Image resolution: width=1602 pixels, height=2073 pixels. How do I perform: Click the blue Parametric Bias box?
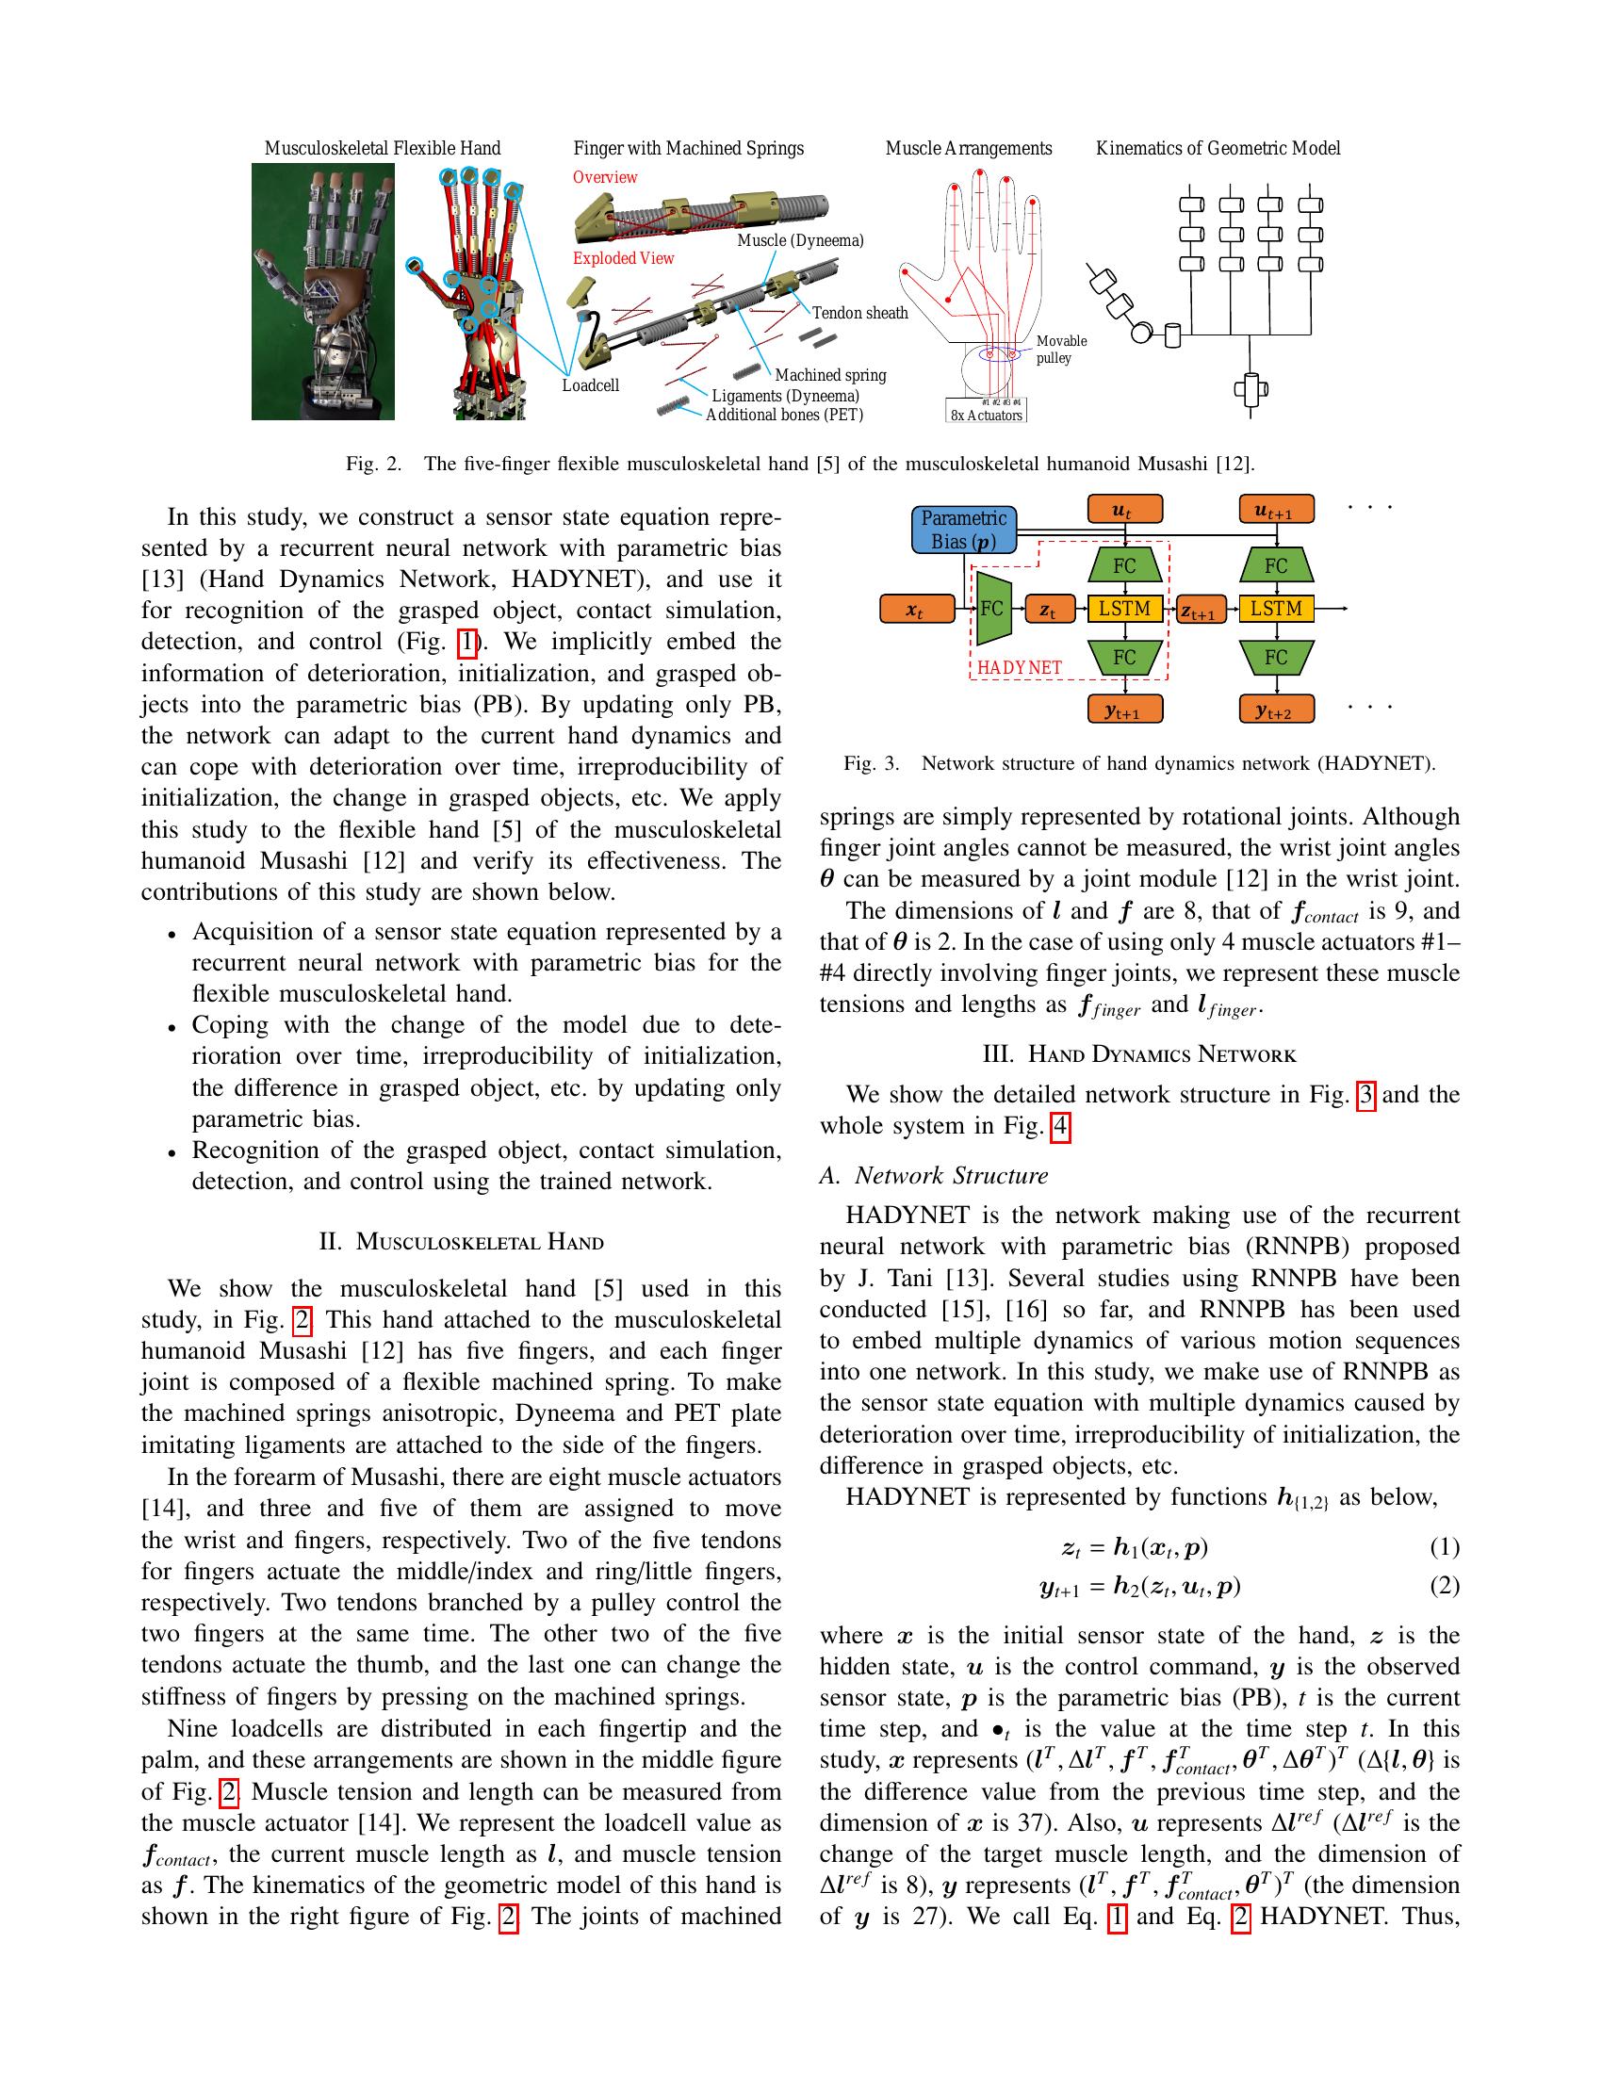tap(963, 530)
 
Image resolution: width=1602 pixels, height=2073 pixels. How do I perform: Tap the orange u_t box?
tap(1124, 511)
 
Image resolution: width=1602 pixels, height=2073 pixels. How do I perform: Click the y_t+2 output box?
tap(1277, 709)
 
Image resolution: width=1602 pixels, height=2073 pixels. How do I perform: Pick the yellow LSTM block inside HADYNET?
tap(1124, 609)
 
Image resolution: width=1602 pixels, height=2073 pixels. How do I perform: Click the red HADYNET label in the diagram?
tap(1020, 667)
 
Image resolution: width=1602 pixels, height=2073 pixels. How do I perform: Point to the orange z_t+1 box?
tap(1201, 612)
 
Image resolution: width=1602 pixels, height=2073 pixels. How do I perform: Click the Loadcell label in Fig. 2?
tap(590, 385)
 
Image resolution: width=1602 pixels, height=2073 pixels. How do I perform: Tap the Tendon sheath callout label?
tap(859, 313)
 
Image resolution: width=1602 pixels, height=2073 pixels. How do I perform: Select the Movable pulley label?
tap(1061, 350)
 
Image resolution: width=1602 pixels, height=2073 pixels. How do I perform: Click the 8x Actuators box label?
tap(987, 415)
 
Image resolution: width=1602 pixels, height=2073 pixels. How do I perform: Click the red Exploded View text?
tap(623, 258)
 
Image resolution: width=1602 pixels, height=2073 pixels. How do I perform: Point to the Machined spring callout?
tap(829, 375)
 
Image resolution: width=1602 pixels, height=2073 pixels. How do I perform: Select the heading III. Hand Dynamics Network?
tap(1139, 1053)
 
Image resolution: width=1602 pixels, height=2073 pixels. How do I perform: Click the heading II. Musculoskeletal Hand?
tap(461, 1242)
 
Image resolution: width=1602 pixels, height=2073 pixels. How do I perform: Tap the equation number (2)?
tap(1444, 1585)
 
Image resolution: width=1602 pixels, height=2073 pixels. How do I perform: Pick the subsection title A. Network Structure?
tap(933, 1175)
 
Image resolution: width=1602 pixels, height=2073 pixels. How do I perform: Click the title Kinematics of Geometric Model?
tap(1218, 148)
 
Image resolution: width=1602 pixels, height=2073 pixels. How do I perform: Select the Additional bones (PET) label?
tap(784, 415)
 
